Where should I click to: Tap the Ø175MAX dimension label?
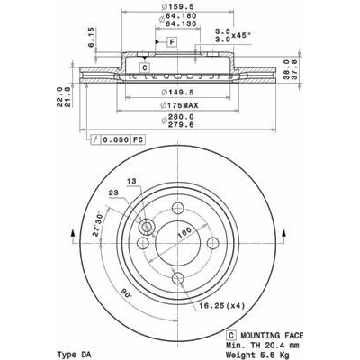click(179, 105)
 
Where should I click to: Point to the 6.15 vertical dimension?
click(91, 37)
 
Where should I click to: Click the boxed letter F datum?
click(172, 42)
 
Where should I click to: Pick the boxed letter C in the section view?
click(145, 67)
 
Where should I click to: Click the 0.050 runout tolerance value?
click(116, 139)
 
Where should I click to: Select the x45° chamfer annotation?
click(241, 36)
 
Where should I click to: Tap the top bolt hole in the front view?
click(178, 208)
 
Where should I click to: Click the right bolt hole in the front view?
click(213, 243)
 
